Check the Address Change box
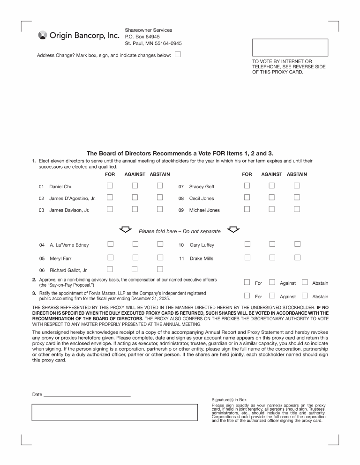tap(178, 54)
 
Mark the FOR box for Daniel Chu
tap(110, 185)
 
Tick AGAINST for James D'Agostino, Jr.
tap(135, 197)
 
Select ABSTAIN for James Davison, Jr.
tap(160, 209)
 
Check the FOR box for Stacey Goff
tap(247, 185)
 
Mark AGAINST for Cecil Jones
tap(272, 197)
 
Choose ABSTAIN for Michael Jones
tap(297, 209)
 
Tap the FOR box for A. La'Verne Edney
tap(110, 244)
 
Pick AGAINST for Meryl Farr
tap(135, 257)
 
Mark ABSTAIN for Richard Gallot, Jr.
tap(160, 269)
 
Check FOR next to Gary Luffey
tap(247, 244)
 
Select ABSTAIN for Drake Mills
tap(297, 257)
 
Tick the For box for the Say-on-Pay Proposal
tap(247, 282)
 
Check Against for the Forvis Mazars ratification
tap(272, 295)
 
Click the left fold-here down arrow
tap(125, 229)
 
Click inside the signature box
tap(115, 412)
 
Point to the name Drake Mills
tap(202, 258)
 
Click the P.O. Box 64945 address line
tap(142, 37)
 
